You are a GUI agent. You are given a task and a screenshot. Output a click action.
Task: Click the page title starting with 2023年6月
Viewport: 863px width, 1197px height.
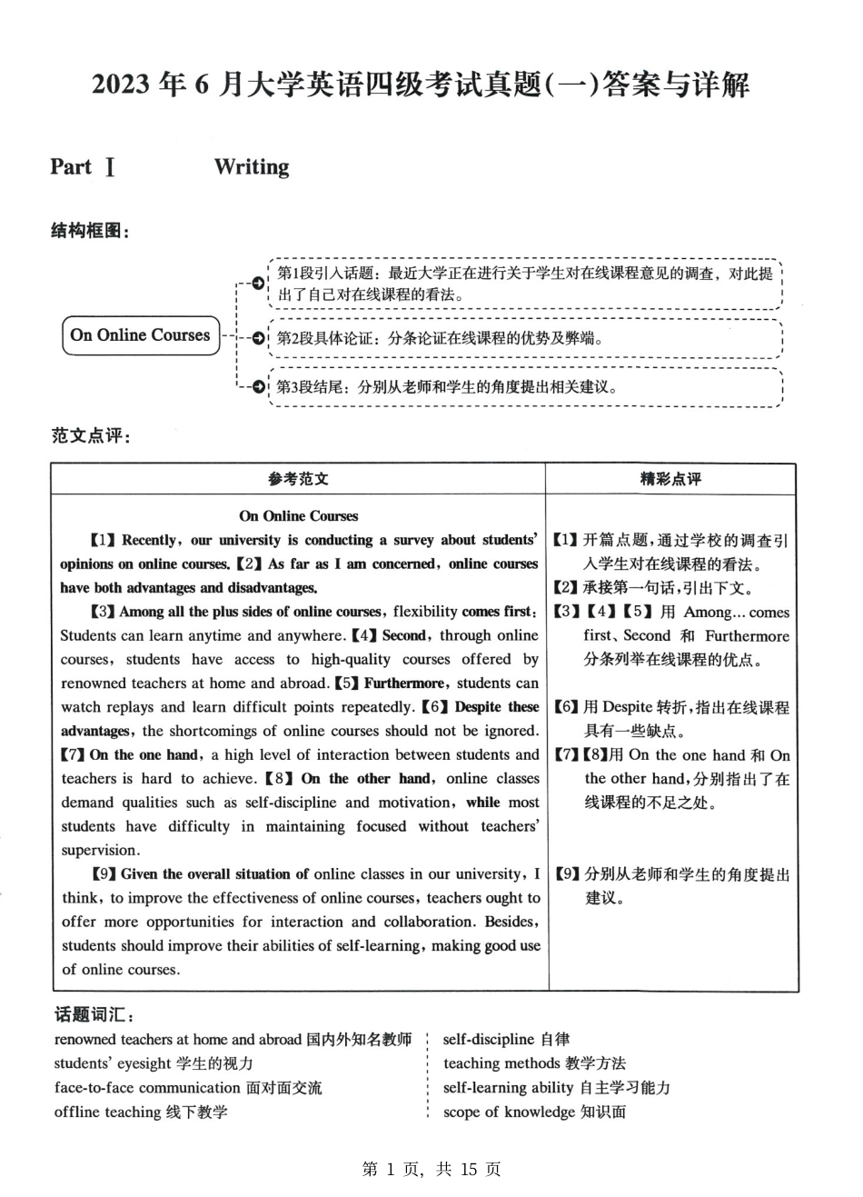[x=421, y=85]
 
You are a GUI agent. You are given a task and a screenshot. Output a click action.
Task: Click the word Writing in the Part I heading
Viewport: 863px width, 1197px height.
[x=252, y=167]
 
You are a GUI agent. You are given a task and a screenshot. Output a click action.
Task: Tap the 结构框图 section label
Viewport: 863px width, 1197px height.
[x=90, y=231]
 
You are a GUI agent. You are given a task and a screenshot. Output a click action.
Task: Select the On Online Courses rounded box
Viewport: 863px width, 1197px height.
[x=141, y=335]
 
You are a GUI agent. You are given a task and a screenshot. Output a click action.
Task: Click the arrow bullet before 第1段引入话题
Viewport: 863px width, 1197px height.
[x=259, y=284]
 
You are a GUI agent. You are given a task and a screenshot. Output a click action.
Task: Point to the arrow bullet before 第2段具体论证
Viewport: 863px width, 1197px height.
[x=259, y=339]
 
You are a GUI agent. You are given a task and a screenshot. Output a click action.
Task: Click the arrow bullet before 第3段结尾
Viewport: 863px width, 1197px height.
[x=259, y=386]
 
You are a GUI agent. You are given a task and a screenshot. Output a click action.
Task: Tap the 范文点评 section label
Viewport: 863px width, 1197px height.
[x=91, y=435]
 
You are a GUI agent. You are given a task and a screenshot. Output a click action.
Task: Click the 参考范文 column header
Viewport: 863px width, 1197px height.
[x=298, y=479]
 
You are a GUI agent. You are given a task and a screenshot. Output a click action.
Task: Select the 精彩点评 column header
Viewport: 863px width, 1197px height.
[x=670, y=479]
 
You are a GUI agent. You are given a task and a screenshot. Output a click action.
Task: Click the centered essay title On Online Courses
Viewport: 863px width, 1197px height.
[x=298, y=515]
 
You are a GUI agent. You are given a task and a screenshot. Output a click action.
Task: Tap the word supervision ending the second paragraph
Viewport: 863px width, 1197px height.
[x=100, y=851]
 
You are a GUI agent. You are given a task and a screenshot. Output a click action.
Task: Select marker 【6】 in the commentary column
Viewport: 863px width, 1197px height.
[x=566, y=707]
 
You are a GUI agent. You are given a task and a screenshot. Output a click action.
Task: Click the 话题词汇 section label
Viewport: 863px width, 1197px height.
[x=94, y=1014]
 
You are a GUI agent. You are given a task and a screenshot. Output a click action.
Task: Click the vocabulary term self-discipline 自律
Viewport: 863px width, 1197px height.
[x=506, y=1039]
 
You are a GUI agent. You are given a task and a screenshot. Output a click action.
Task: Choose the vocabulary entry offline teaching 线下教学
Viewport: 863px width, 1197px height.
[x=141, y=1112]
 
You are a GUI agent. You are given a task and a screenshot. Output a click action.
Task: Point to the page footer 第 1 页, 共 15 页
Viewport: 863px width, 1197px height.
[x=431, y=1169]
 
